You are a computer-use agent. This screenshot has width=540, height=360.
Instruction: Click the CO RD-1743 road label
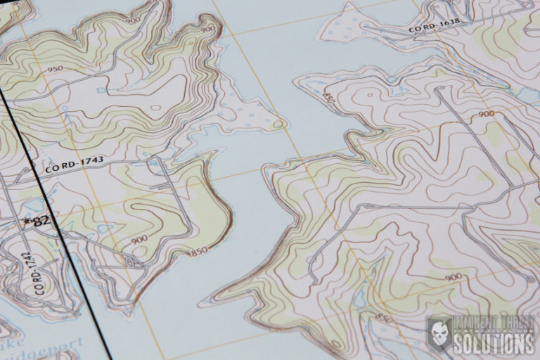click(73, 165)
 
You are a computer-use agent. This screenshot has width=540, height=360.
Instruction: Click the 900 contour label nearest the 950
click(131, 20)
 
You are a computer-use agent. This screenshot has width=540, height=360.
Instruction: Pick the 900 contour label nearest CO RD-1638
click(485, 113)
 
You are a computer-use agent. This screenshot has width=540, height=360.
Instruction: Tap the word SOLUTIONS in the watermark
click(495, 344)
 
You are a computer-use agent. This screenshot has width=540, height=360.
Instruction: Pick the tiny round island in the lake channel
click(280, 125)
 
